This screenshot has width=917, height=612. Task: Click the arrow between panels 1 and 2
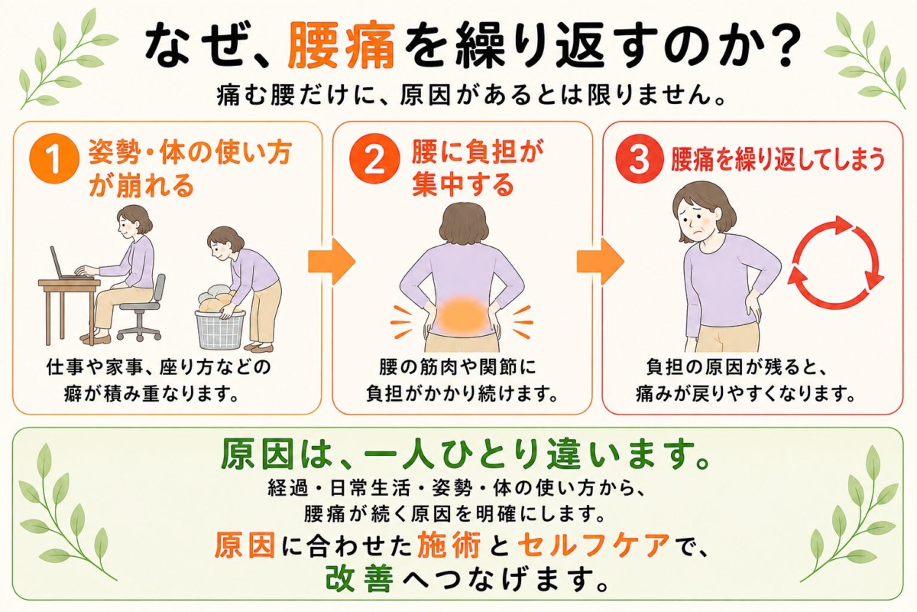click(331, 261)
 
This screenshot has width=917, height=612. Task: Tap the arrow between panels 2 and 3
click(600, 261)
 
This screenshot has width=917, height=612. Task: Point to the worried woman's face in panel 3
click(699, 220)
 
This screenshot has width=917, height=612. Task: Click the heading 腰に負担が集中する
click(478, 169)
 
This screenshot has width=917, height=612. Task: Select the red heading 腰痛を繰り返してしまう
click(778, 160)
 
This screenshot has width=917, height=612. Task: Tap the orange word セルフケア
click(595, 545)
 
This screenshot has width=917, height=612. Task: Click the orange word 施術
click(449, 545)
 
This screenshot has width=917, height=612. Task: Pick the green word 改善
click(360, 578)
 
